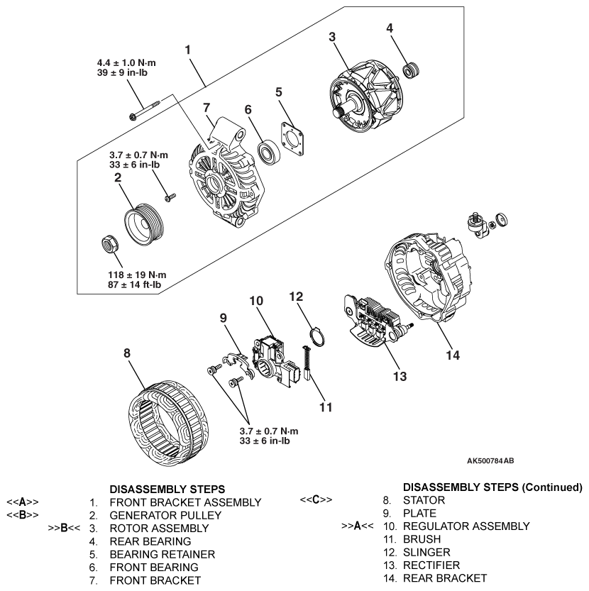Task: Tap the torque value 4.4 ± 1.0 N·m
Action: (x=127, y=62)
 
